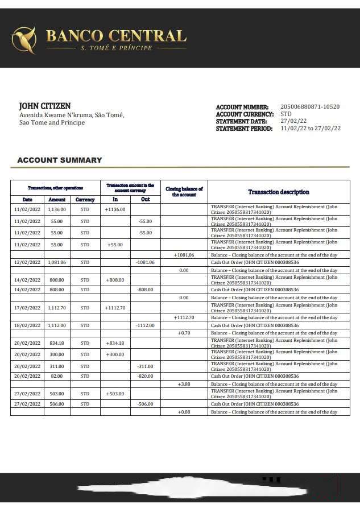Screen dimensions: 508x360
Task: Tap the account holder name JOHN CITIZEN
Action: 45,106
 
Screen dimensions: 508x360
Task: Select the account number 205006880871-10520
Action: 310,107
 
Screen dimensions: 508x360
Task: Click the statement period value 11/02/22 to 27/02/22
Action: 311,129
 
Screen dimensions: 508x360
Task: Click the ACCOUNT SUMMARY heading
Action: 60,160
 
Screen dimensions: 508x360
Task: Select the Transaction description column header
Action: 279,192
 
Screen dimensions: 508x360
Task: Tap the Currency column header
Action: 85,200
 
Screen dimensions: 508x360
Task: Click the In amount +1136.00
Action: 115,209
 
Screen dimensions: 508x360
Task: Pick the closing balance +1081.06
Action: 184,255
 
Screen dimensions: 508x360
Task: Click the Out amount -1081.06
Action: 145,262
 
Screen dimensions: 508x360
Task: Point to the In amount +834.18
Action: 115,343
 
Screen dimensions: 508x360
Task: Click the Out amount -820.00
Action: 145,376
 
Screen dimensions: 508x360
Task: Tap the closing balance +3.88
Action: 184,385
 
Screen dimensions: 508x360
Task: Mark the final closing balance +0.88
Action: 184,412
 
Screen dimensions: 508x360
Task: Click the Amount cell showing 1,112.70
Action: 57,308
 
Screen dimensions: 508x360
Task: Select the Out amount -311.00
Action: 145,366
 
